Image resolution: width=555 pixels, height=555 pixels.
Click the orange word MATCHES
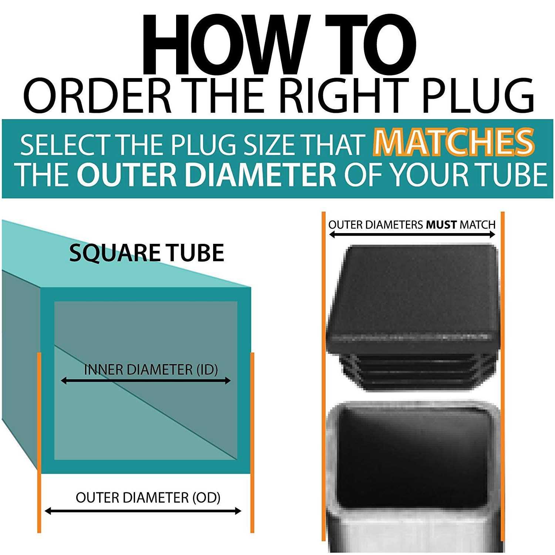pyautogui.click(x=454, y=142)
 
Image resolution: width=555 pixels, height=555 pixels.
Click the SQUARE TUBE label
pyautogui.click(x=147, y=253)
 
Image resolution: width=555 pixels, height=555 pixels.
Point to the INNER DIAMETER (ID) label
pyautogui.click(x=151, y=370)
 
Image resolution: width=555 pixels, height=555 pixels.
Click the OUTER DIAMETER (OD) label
pyautogui.click(x=148, y=498)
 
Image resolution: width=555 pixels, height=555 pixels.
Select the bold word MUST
pyautogui.click(x=441, y=225)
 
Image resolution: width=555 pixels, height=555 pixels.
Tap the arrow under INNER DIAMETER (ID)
pyautogui.click(x=145, y=380)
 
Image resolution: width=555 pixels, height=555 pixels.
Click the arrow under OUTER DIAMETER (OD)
pyautogui.click(x=142, y=511)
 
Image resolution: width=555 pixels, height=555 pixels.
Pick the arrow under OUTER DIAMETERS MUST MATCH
pyautogui.click(x=412, y=234)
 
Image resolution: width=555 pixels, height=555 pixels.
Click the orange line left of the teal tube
pyautogui.click(x=39, y=443)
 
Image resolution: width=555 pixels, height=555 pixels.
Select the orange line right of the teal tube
pyautogui.click(x=252, y=443)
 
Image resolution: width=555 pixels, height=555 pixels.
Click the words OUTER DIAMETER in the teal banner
pyautogui.click(x=207, y=174)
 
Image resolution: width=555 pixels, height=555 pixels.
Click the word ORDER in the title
pyautogui.click(x=98, y=96)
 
